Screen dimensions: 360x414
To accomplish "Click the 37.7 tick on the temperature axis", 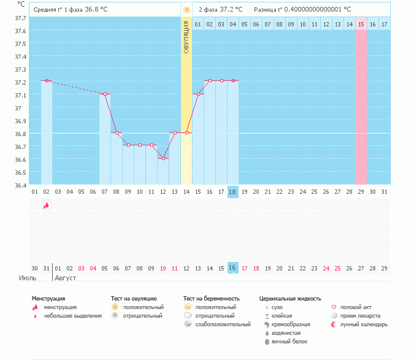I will (x=20, y=18).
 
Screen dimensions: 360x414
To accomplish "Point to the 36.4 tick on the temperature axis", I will (x=20, y=185).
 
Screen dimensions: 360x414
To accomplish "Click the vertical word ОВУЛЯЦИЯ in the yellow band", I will (x=186, y=37).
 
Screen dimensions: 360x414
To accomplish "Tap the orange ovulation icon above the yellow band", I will (x=186, y=10).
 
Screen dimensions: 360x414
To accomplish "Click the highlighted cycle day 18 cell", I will (x=232, y=192).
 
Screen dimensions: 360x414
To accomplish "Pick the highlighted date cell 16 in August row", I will (x=232, y=268).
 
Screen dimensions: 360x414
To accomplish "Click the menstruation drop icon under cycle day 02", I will (x=46, y=206).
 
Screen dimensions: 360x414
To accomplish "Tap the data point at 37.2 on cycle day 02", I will (x=47, y=80).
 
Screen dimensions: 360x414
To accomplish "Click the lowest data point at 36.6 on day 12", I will (x=163, y=158).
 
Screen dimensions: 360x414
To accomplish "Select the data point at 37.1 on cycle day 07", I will (x=105, y=94).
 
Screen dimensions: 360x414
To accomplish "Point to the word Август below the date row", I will (x=66, y=278).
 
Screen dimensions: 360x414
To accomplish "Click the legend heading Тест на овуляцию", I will (x=134, y=298).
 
